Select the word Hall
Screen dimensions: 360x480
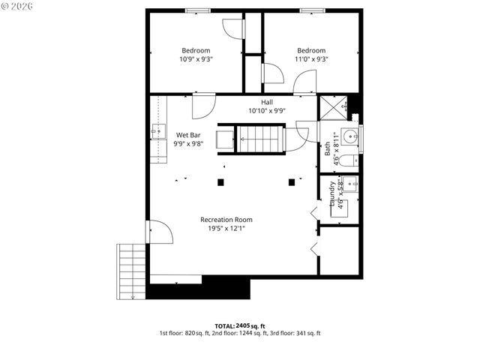tap(267, 102)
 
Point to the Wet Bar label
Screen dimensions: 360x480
tap(188, 135)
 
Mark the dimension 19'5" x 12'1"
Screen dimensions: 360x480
tap(226, 229)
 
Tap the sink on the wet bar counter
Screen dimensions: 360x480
tap(157, 132)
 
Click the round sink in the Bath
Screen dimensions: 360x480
tap(349, 137)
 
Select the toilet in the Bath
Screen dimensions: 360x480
tap(349, 160)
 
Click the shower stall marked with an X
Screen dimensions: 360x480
tap(332, 108)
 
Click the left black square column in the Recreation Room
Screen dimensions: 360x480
tap(220, 181)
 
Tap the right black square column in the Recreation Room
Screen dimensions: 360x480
tap(292, 181)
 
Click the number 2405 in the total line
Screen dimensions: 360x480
tap(244, 325)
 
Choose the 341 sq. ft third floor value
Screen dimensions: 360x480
tap(307, 333)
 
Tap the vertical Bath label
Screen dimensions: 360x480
tap(328, 148)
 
